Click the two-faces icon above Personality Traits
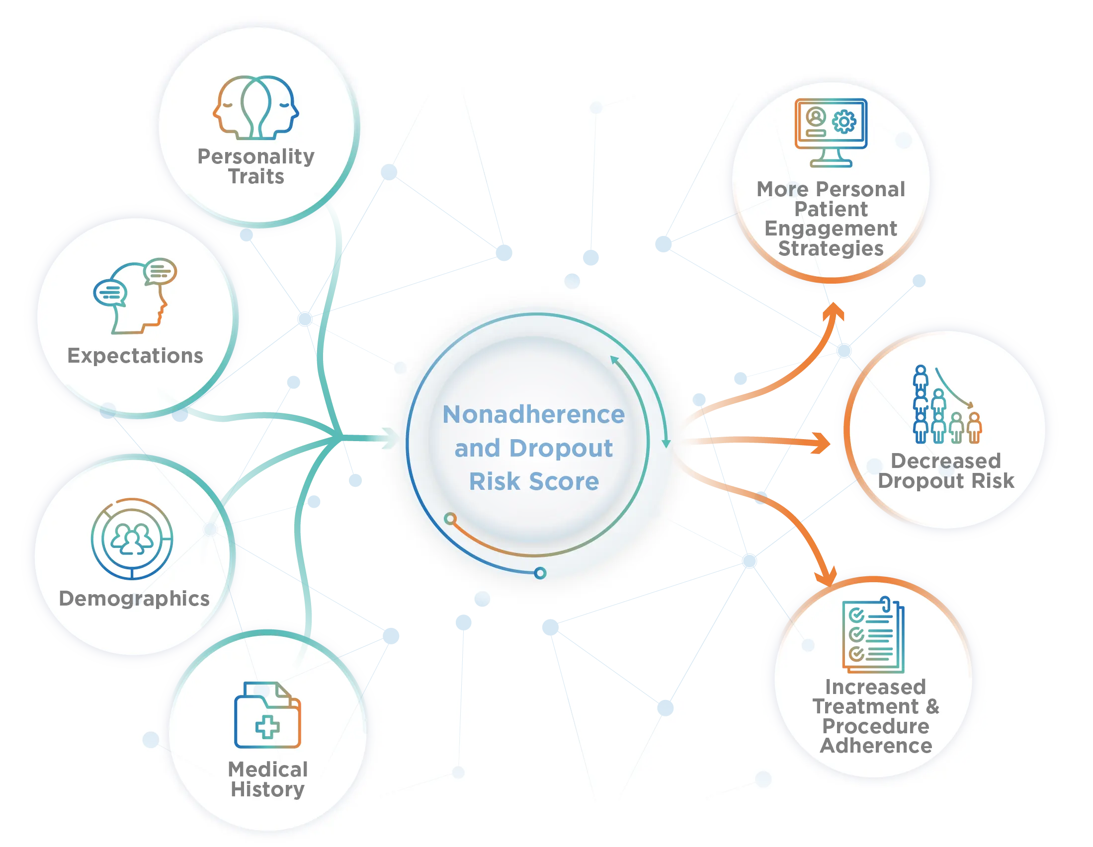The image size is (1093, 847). click(x=256, y=107)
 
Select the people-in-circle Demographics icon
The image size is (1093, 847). click(x=132, y=539)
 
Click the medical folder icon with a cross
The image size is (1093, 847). click(x=267, y=715)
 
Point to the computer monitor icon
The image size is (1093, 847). click(x=831, y=132)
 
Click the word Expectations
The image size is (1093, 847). click(x=135, y=356)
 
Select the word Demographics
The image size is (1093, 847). click(x=134, y=599)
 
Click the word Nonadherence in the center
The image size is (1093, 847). click(x=533, y=415)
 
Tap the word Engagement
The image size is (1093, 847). click(x=831, y=229)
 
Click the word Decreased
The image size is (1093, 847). click(x=945, y=461)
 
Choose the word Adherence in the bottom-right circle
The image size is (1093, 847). click(x=876, y=746)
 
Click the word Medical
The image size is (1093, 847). click(x=268, y=770)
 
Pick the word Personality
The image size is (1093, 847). click(x=256, y=156)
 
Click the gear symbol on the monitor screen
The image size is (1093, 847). click(x=844, y=121)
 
